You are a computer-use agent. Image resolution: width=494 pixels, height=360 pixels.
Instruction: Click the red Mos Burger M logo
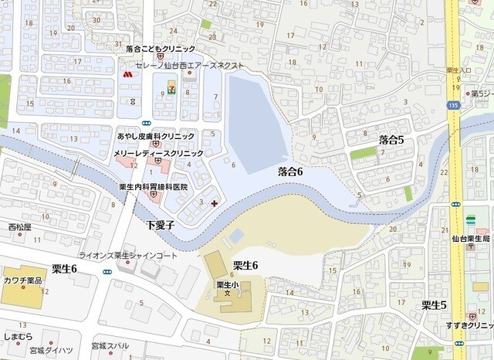(x=127, y=75)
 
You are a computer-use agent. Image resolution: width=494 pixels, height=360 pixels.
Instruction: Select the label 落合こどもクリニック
(x=160, y=49)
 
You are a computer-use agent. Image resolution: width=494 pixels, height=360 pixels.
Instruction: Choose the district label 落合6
(x=289, y=172)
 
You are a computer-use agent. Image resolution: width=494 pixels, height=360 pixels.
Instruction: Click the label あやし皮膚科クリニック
(x=155, y=135)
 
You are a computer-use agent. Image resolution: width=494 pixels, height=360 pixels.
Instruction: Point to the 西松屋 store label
(x=19, y=228)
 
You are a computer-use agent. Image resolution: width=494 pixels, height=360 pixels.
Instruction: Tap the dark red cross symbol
(x=214, y=203)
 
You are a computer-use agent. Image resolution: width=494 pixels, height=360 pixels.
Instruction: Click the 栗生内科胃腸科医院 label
(x=153, y=187)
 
